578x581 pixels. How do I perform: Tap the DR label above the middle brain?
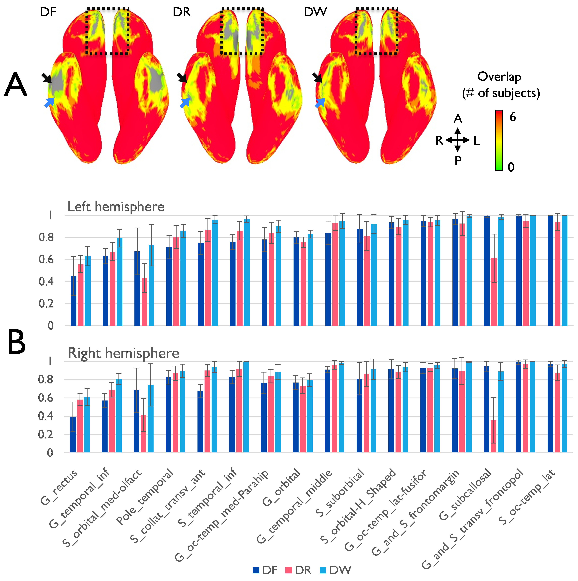[182, 13]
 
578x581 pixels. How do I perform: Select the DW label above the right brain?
[315, 13]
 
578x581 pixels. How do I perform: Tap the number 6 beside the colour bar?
[512, 117]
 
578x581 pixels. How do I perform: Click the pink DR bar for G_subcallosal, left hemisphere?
[494, 291]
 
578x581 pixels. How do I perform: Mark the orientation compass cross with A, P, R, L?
[457, 140]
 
